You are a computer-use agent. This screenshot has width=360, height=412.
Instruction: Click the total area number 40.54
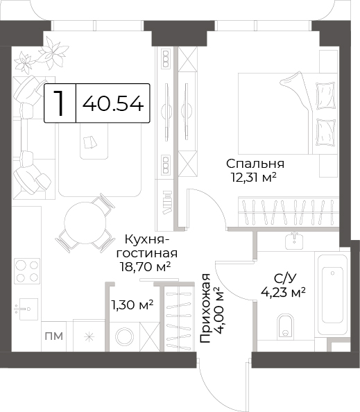(x=113, y=103)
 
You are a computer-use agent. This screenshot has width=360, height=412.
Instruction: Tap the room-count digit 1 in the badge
(x=60, y=103)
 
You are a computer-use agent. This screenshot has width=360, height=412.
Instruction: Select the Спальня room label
(x=255, y=164)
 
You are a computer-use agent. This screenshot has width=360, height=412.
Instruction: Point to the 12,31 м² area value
(x=254, y=178)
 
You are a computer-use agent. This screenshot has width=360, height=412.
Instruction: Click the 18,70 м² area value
(x=145, y=267)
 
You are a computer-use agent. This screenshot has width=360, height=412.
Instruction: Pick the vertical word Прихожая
(x=205, y=308)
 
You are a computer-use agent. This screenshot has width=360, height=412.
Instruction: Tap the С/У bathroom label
(x=285, y=279)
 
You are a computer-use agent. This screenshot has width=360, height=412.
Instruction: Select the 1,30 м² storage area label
(x=132, y=305)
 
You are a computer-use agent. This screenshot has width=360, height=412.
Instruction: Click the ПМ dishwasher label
(x=54, y=336)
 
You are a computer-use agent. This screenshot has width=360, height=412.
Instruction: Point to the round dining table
(x=85, y=223)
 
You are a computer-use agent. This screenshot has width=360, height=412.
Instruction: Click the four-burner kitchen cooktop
(x=27, y=271)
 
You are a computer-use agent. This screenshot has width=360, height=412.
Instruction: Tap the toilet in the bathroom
(x=285, y=325)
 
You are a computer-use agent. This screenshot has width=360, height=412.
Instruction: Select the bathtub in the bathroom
(x=332, y=293)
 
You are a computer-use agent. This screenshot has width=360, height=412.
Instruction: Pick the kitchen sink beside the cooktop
(x=27, y=309)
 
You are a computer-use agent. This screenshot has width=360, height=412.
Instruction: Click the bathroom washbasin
(x=294, y=241)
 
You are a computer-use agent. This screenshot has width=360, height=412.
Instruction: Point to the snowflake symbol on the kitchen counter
(x=90, y=337)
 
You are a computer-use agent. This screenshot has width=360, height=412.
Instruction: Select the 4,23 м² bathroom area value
(x=283, y=291)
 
